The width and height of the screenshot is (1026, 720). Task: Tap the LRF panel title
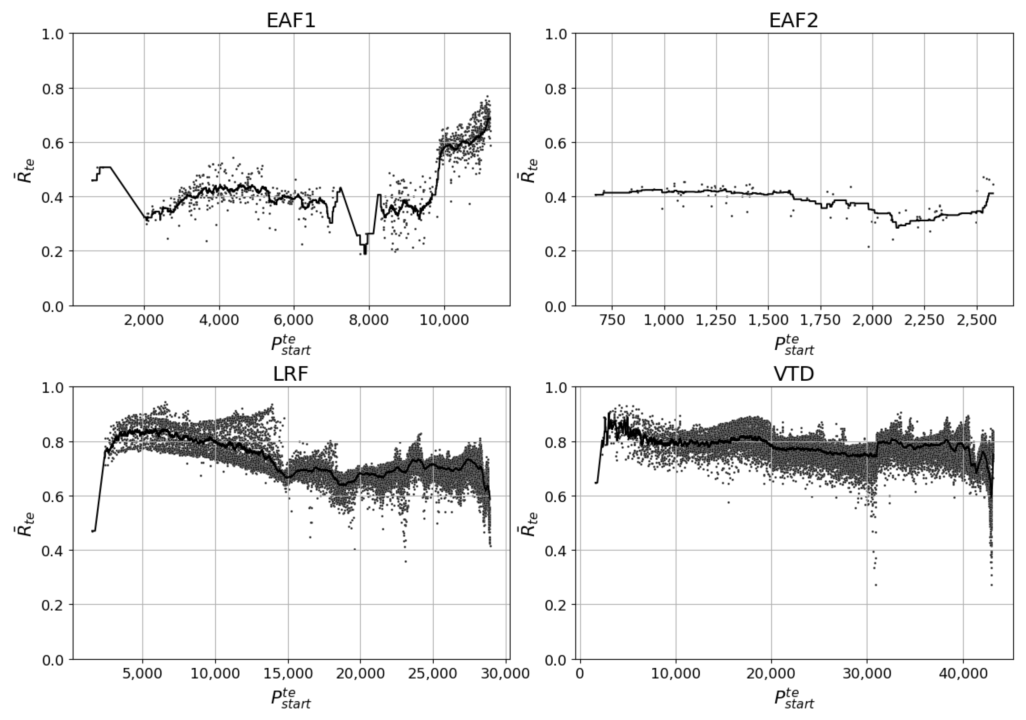[x=291, y=374]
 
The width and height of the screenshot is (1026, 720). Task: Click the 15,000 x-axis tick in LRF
[x=288, y=673]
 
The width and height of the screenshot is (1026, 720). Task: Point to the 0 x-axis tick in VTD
[x=580, y=673]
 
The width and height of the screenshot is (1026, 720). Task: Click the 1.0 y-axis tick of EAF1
[x=52, y=34]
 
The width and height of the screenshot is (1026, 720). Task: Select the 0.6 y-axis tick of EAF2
[x=555, y=143]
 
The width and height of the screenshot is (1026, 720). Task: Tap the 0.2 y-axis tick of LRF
[x=52, y=605]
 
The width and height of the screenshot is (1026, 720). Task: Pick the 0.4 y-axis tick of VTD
[x=555, y=551]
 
